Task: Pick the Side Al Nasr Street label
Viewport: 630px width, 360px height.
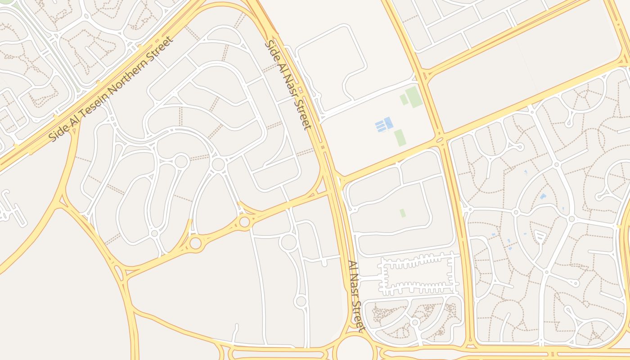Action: pos(288,85)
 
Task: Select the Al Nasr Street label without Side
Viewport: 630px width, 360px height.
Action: pos(355,296)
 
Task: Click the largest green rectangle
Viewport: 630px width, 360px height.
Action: pos(414,97)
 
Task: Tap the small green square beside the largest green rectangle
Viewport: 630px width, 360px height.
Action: pos(404,99)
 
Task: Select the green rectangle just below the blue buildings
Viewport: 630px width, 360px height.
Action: pos(399,138)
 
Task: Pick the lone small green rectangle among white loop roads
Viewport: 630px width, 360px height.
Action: pos(402,213)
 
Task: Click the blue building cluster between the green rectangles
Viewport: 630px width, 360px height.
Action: pos(384,125)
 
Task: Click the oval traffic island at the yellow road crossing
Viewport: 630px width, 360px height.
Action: pos(440,140)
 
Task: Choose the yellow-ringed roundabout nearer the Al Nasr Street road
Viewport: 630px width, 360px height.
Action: pos(244,222)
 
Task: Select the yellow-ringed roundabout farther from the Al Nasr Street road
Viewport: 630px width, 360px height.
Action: pos(195,243)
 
